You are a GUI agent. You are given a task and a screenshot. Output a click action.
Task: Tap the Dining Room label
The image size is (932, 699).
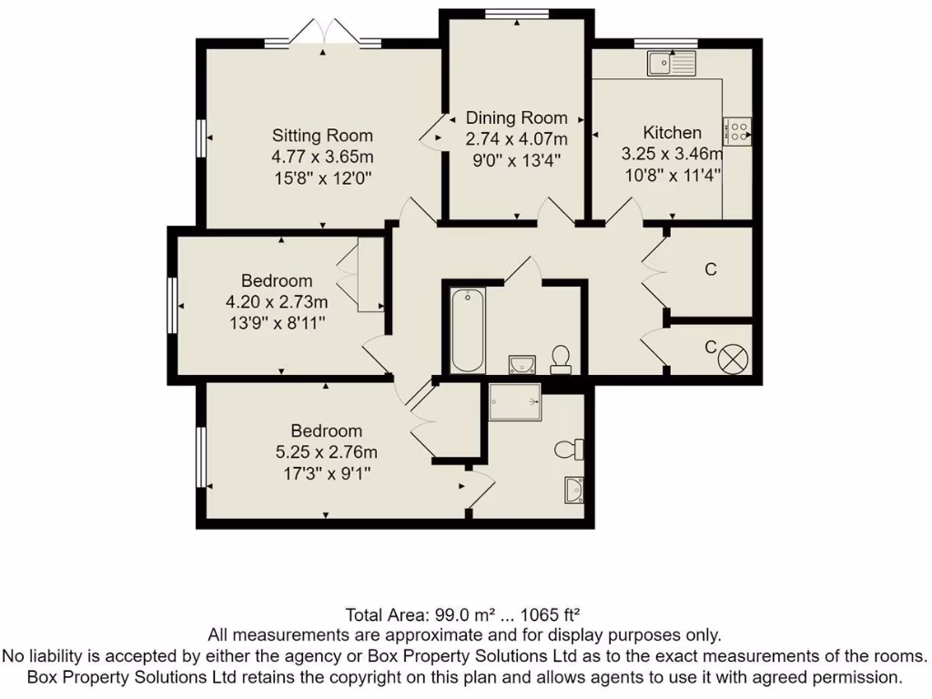tap(516, 117)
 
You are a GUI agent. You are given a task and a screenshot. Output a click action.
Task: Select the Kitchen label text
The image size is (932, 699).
tap(672, 132)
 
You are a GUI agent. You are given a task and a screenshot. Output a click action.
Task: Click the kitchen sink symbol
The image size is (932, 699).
tap(671, 63)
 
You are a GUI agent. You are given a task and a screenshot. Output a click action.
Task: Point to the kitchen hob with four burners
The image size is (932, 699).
tap(738, 132)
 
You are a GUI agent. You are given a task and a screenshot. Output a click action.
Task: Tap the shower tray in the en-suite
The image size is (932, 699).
tap(514, 401)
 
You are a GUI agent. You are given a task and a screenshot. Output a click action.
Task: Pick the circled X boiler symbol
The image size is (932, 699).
tap(732, 359)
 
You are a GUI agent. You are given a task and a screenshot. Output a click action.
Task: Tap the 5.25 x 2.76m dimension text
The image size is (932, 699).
tap(326, 451)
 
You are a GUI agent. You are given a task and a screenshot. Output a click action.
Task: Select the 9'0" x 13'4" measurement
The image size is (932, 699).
tap(516, 159)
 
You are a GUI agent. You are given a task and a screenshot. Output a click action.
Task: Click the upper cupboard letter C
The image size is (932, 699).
tap(711, 269)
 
